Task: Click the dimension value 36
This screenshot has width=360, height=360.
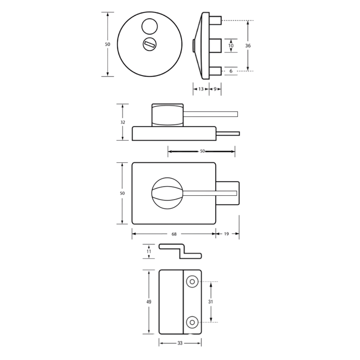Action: [248, 46]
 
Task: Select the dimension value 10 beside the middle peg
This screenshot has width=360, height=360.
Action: [231, 45]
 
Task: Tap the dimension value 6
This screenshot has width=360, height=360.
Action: [231, 71]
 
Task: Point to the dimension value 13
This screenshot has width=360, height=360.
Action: [201, 89]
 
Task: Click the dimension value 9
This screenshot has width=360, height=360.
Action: [215, 89]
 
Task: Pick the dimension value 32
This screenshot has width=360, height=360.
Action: [123, 122]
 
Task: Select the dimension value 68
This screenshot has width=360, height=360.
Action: [174, 234]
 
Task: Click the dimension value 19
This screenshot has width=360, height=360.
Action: [226, 234]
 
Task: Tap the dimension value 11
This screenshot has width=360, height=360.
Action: [149, 251]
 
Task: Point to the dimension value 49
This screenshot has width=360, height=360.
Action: [149, 302]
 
